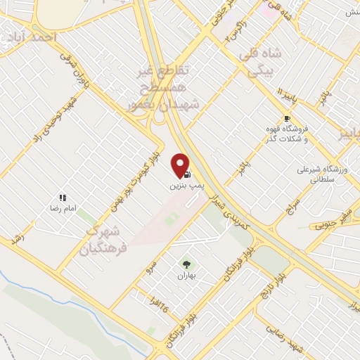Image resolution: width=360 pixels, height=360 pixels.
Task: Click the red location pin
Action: coord(181,165)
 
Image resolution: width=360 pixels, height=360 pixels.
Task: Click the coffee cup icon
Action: coord(286,118)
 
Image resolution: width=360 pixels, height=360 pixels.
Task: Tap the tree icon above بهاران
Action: coord(186,264)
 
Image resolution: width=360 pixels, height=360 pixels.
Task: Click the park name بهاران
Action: coord(186,277)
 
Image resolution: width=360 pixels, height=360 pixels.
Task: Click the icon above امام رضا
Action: coord(62,198)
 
